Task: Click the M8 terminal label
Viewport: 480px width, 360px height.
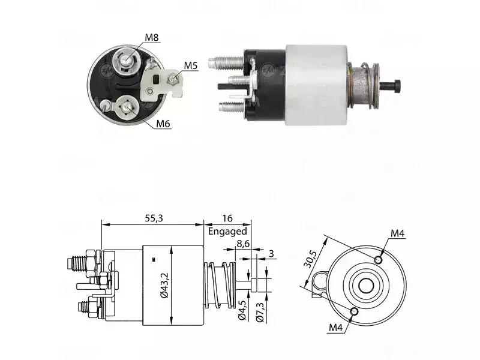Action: (x=152, y=37)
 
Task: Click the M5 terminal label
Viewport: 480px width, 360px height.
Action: (x=191, y=65)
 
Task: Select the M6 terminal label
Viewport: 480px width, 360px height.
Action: (x=163, y=124)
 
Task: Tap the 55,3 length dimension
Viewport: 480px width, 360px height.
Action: (x=154, y=218)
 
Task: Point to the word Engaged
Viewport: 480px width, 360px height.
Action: (x=227, y=231)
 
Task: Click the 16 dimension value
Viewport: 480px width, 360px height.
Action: (x=227, y=218)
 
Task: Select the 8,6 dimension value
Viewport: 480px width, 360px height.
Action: (x=243, y=244)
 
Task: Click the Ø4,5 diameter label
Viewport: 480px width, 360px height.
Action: (x=242, y=310)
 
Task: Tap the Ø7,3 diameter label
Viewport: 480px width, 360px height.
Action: (x=260, y=311)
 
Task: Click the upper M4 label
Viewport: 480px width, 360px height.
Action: (x=397, y=233)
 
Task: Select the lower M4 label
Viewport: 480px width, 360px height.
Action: (x=335, y=328)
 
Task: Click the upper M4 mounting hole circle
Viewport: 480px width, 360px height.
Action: (x=379, y=260)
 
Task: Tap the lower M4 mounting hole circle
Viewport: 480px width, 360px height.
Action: (x=354, y=311)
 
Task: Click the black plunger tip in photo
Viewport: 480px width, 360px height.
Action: (x=397, y=86)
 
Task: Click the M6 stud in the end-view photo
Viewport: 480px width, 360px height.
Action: (x=126, y=107)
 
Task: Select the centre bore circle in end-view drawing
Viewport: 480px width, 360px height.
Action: (x=366, y=286)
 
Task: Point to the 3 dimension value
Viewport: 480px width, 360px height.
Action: (x=271, y=253)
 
